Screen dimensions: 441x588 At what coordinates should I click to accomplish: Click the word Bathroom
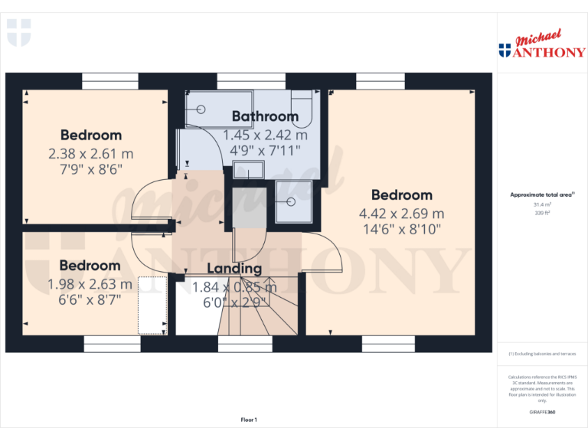click(x=265, y=116)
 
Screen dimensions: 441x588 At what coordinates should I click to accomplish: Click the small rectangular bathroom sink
click(x=247, y=170)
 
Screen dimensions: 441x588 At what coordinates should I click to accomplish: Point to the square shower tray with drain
click(x=293, y=201)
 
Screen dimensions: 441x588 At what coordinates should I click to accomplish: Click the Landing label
click(x=234, y=269)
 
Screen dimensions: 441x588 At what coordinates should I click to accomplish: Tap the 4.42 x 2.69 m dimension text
click(x=402, y=214)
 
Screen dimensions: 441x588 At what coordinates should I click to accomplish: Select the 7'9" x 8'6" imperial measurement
click(x=90, y=168)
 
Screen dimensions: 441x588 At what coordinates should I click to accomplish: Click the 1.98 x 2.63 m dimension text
click(x=90, y=284)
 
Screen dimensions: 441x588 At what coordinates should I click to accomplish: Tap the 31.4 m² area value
click(x=542, y=204)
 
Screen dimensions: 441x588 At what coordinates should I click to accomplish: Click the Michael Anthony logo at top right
click(x=542, y=46)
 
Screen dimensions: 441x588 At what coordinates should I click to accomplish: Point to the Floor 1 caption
click(x=249, y=420)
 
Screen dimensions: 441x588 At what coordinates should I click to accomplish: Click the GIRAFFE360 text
click(x=542, y=413)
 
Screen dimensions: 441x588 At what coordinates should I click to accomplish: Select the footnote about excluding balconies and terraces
click(x=542, y=354)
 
